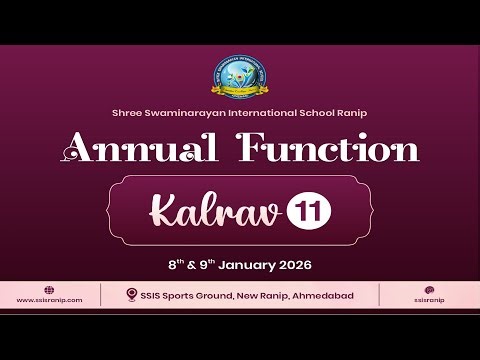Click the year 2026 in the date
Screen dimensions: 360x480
pos(294,265)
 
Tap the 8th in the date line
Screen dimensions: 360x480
pos(175,265)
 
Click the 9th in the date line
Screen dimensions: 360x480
pos(206,265)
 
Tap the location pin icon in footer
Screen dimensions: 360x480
pos(132,295)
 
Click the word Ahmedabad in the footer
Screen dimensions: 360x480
pos(320,295)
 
